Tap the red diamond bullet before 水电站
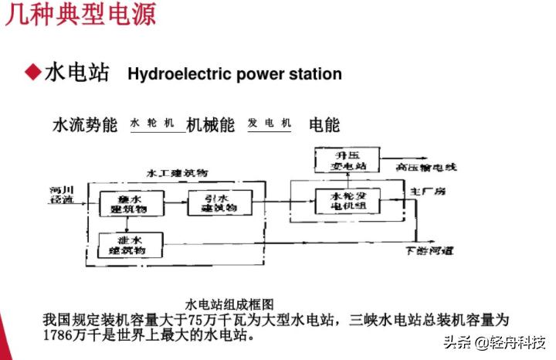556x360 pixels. click(32, 73)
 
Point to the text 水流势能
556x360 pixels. click(85, 124)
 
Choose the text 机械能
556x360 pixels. click(211, 124)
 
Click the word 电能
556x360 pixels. click(324, 124)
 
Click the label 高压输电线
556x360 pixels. click(427, 167)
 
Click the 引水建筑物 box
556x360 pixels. click(211, 203)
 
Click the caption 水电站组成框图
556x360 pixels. click(230, 304)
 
